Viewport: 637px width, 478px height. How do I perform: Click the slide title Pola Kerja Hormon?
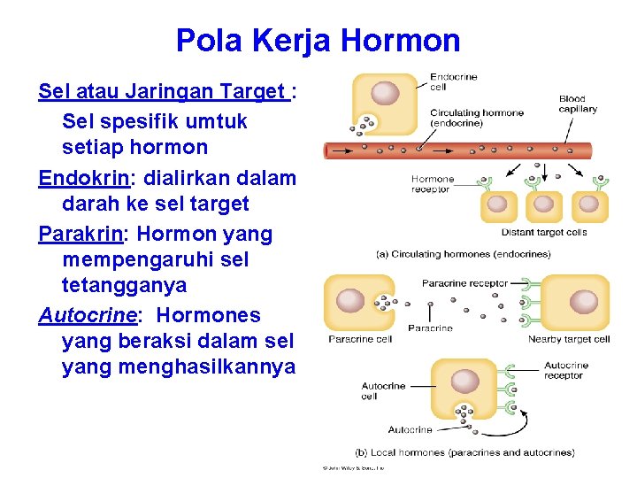318,41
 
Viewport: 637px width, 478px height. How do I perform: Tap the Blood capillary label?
578,104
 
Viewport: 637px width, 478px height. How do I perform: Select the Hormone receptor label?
433,184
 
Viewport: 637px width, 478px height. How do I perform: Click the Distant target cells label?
544,233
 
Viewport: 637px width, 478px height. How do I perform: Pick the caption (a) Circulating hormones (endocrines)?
464,255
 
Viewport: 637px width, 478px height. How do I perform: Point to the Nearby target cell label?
569,339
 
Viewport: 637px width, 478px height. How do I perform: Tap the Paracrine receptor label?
464,284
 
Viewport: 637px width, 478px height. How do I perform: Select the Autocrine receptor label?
565,370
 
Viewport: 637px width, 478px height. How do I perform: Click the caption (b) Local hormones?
464,452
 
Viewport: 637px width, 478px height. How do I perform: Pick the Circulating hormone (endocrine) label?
477,118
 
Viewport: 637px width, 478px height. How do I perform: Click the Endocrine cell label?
453,81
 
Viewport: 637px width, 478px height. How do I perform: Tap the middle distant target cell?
543,204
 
